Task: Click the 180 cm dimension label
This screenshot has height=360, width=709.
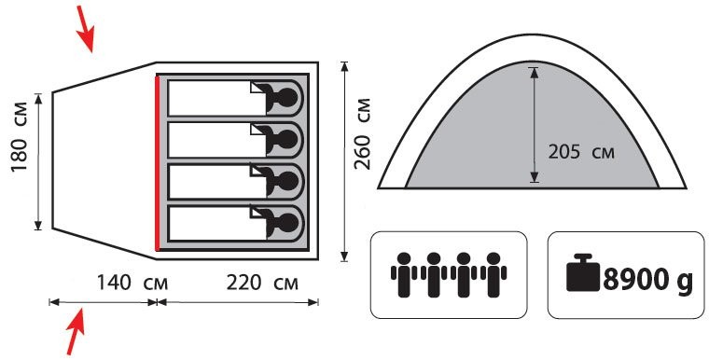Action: pyautogui.click(x=20, y=136)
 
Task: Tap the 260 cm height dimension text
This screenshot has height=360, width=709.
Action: pyautogui.click(x=362, y=133)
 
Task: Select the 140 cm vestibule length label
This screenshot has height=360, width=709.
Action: pyautogui.click(x=132, y=284)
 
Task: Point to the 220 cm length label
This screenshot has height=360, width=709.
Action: pyautogui.click(x=262, y=284)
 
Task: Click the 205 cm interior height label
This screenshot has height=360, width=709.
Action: pyautogui.click(x=581, y=152)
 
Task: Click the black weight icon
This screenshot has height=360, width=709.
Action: pyautogui.click(x=583, y=272)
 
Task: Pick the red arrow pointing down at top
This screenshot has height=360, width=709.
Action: pyautogui.click(x=86, y=29)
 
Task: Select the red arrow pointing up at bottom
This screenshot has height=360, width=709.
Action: pyautogui.click(x=76, y=330)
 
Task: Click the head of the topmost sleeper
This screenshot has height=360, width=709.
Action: pyautogui.click(x=287, y=97)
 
